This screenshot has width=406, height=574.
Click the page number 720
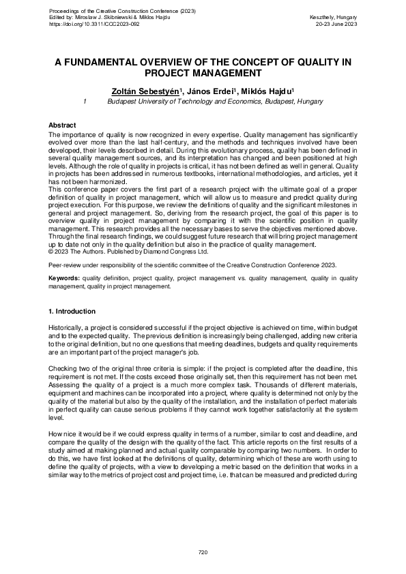[x=203, y=551]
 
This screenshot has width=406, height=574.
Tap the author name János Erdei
[x=208, y=91]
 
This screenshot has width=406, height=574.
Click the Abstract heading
[x=62, y=125]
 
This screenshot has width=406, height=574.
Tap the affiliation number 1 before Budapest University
[x=83, y=101]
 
